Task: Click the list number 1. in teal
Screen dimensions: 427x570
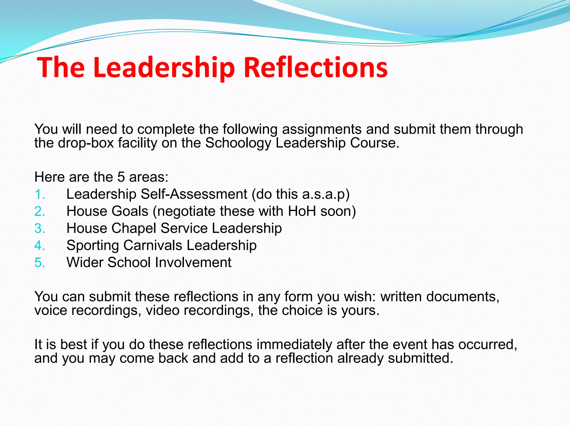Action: (40, 194)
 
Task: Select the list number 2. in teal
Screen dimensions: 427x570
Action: (40, 212)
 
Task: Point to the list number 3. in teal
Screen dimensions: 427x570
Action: (40, 229)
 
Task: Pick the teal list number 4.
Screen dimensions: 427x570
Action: (40, 246)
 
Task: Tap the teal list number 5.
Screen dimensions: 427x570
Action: (40, 263)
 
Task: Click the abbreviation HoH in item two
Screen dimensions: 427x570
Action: (302, 211)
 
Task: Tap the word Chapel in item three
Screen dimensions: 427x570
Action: (134, 229)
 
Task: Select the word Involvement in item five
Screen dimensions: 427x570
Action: (193, 262)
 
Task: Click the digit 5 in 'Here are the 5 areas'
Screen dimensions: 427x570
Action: (121, 177)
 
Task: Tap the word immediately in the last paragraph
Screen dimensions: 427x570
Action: (294, 345)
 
